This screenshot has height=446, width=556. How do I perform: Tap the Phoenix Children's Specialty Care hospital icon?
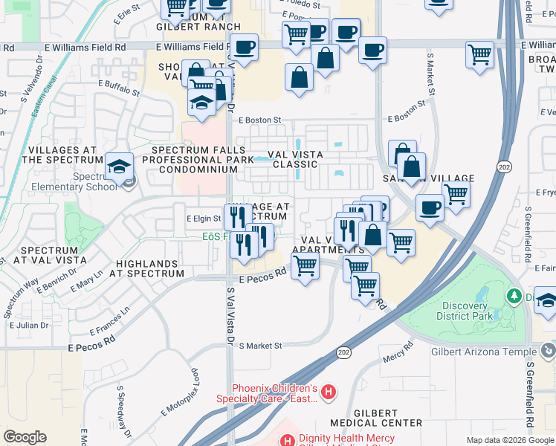329,390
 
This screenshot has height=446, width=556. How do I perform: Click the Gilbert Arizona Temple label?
484,351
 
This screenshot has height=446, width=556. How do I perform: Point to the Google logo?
25,437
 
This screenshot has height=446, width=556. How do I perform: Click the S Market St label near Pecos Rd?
259,346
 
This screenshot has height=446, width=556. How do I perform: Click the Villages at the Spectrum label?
62,155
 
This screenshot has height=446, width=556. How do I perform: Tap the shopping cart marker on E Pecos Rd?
305,265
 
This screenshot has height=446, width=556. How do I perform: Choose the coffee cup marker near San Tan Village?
429,207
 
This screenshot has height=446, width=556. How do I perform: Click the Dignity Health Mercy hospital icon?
287,442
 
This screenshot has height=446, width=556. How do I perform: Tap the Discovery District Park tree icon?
514,297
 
